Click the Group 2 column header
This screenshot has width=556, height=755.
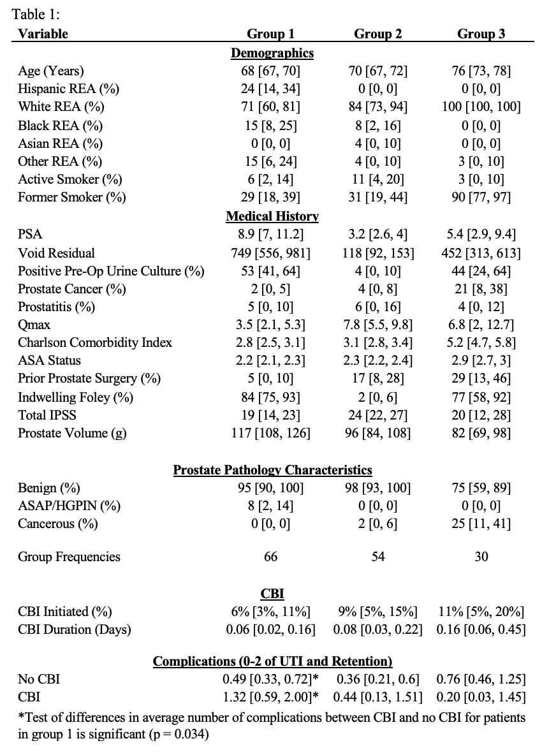[x=378, y=34]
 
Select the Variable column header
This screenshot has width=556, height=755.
[x=43, y=34]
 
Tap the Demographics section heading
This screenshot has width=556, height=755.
[x=272, y=54]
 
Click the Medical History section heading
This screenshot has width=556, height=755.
[x=272, y=217]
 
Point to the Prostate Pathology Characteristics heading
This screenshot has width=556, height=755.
[x=272, y=471]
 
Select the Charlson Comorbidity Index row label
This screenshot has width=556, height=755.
[x=95, y=342]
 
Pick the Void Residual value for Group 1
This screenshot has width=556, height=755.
[x=270, y=253]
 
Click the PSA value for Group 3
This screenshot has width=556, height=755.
[x=481, y=235]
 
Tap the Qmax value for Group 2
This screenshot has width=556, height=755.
[x=378, y=325]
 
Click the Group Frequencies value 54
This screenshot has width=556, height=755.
[x=378, y=557]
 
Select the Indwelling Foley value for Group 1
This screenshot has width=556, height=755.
[x=270, y=397]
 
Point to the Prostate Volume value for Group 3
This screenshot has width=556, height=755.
[x=481, y=434]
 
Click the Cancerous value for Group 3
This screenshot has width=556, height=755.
[x=481, y=525]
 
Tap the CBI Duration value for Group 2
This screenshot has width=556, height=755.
[x=378, y=630]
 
